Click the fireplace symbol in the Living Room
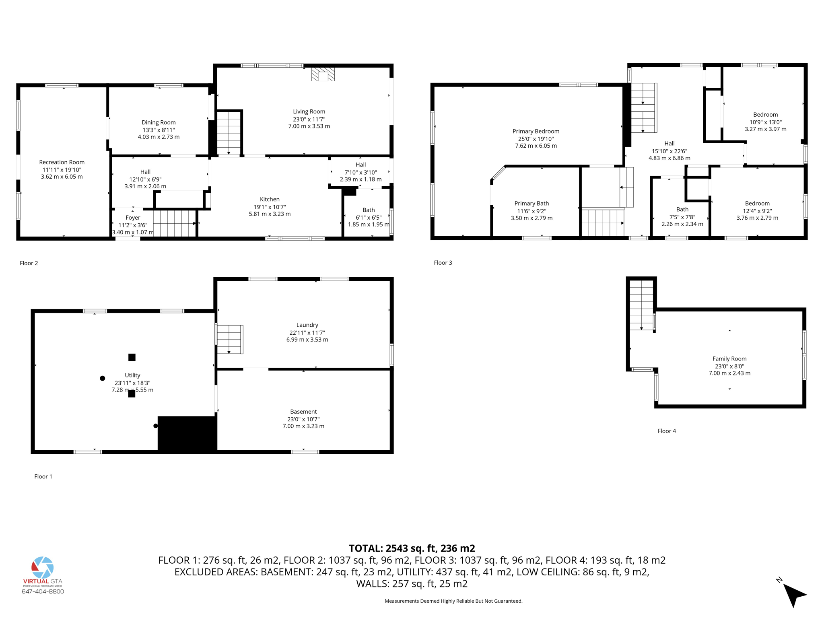323,74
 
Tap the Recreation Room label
62,162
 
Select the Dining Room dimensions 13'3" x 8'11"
159,130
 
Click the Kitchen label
270,199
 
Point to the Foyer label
133,218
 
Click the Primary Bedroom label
536,131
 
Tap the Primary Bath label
531,204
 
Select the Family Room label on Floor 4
729,358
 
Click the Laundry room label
307,325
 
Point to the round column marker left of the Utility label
103,378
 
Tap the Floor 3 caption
443,263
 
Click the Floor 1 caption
43,476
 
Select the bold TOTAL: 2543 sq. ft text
412,548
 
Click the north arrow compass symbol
793,593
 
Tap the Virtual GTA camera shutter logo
43,567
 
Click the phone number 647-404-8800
43,591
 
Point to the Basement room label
303,412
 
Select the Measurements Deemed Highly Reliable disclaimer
453,601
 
